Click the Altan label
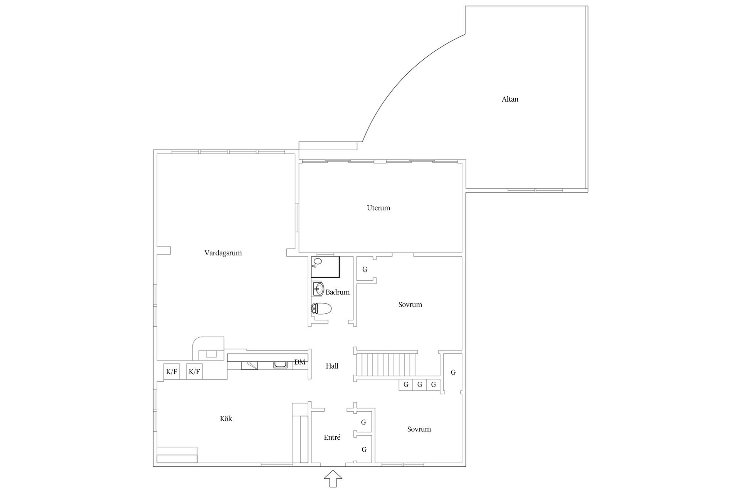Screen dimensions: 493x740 coord(510,99)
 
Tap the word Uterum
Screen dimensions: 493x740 coord(378,208)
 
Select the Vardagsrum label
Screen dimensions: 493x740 coord(223,253)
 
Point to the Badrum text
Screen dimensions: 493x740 coord(337,292)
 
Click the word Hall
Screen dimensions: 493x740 coord(332,366)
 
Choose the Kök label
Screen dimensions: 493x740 coord(226,419)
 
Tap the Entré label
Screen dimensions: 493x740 coord(332,438)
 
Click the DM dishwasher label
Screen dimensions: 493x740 coord(300,362)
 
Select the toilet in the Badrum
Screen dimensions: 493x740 coord(321,309)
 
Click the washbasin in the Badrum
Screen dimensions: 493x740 coord(318,288)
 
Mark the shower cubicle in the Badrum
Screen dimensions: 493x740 coord(326,267)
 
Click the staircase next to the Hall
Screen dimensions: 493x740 coord(385,364)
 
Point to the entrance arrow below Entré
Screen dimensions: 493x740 coord(333,479)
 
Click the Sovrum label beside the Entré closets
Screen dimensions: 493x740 coord(419,429)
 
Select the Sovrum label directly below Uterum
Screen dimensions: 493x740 coord(410,305)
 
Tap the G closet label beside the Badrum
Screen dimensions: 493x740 coord(365,270)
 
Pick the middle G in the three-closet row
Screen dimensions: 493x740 coord(420,384)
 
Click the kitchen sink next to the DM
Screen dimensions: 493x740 coord(279,364)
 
